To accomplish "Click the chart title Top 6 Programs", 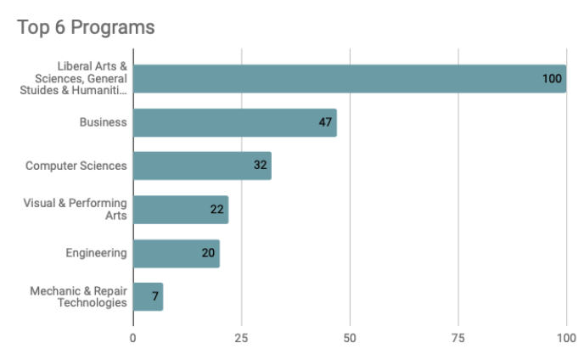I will [86, 27].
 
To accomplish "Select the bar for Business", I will [234, 122].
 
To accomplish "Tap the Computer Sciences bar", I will [202, 166].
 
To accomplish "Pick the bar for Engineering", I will [176, 253].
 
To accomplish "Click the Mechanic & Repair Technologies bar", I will [148, 297].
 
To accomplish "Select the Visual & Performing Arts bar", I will [180, 210].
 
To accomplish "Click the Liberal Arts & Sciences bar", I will [349, 78].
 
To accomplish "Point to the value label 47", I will [325, 122].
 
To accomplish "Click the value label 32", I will [260, 166].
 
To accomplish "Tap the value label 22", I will [216, 210].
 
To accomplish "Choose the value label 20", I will [208, 253].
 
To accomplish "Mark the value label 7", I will [155, 297].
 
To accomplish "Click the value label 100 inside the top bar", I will [553, 79].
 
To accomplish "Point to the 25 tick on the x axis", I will [241, 338].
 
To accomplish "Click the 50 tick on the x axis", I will [350, 338].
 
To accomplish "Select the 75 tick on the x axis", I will [458, 338].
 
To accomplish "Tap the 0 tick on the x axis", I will [133, 338].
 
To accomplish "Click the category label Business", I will [103, 122].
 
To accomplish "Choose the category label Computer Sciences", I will [76, 166].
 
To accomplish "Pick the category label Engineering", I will [96, 253].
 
